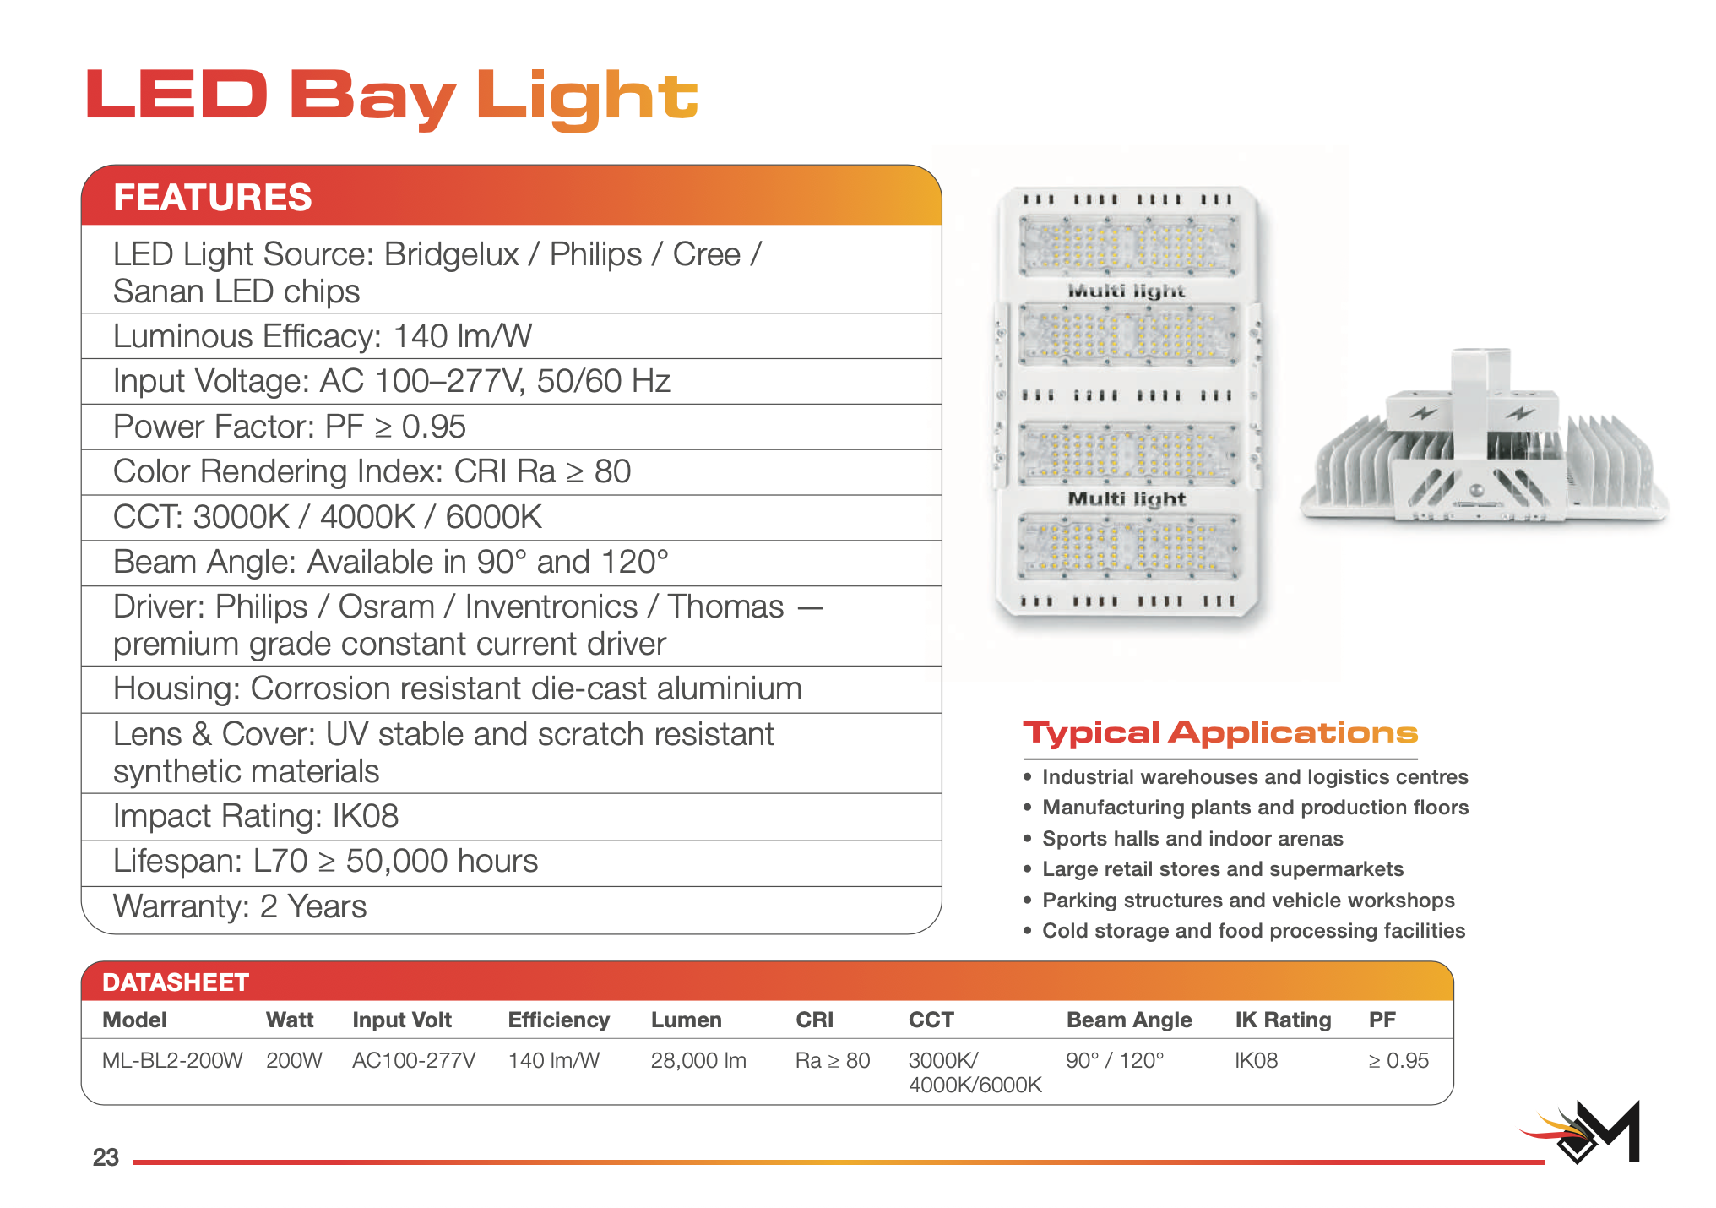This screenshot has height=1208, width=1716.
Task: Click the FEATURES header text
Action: tap(213, 197)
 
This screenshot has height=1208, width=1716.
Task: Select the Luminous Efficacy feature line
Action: tap(323, 336)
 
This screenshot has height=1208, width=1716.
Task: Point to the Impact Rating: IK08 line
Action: tap(256, 816)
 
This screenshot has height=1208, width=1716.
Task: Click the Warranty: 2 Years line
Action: tap(240, 906)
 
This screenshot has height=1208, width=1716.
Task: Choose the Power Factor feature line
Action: tap(290, 427)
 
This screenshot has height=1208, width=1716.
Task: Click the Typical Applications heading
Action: tap(1220, 733)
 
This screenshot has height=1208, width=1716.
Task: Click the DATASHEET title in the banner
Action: tap(176, 982)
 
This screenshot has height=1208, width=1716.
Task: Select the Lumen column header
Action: tap(686, 1020)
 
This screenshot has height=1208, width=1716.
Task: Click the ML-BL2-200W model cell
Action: tap(172, 1061)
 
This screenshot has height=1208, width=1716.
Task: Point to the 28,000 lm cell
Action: tap(698, 1061)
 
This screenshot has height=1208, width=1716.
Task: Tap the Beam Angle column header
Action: tap(1129, 1020)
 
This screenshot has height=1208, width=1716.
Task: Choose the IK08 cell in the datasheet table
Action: tap(1257, 1061)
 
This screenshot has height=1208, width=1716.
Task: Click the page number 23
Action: tap(106, 1157)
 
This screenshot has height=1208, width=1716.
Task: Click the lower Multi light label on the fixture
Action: tap(1127, 498)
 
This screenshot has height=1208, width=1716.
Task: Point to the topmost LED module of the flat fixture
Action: tap(1129, 246)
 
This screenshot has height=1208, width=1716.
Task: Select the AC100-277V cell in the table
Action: tap(414, 1061)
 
